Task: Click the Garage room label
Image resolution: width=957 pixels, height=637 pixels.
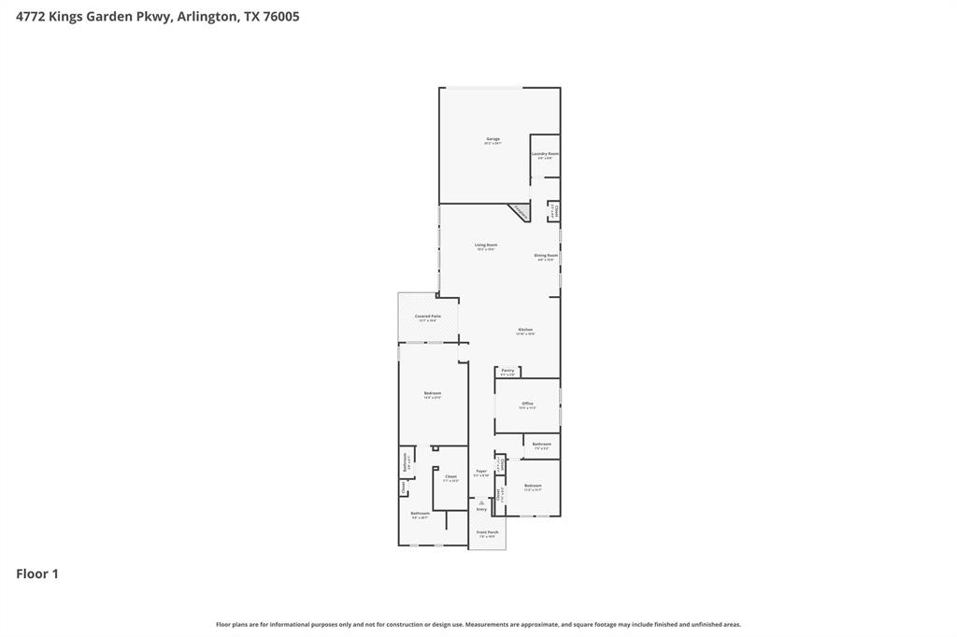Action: click(493, 139)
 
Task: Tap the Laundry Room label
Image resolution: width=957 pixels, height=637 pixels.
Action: click(545, 154)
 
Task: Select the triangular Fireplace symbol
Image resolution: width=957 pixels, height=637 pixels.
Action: click(520, 213)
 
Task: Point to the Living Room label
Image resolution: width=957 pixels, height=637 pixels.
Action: click(486, 246)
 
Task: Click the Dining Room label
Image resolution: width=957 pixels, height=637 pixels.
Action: click(546, 256)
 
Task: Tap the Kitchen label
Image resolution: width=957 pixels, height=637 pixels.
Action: click(525, 330)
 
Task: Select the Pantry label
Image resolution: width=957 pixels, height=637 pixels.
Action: click(507, 371)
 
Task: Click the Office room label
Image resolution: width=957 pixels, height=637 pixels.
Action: click(527, 403)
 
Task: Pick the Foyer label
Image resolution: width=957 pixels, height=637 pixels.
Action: click(481, 472)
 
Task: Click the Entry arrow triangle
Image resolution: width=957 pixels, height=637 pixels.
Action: click(481, 503)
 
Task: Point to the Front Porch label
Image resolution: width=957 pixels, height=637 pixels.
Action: click(488, 532)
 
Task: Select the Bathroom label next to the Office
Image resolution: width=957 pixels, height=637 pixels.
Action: click(541, 445)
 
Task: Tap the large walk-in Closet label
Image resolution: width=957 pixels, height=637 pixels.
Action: click(450, 477)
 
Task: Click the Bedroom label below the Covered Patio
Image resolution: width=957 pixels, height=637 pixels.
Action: click(432, 393)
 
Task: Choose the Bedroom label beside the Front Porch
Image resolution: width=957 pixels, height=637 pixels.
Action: click(533, 486)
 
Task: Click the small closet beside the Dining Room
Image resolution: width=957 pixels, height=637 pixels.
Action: click(552, 211)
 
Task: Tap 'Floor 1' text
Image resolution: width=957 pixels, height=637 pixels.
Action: click(37, 574)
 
